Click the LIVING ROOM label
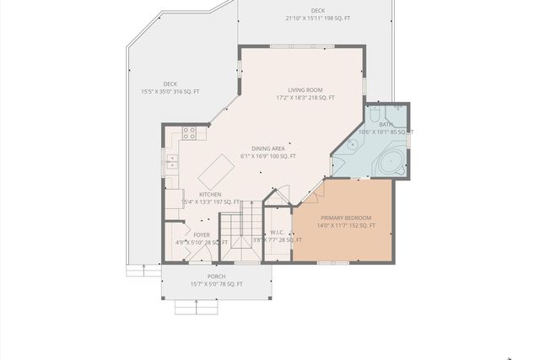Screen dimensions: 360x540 pyautogui.click(x=305, y=89)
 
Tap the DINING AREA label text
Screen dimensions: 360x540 pyautogui.click(x=267, y=148)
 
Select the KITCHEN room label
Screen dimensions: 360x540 pyautogui.click(x=210, y=194)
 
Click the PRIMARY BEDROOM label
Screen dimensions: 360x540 pyautogui.click(x=345, y=218)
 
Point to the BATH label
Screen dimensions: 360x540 pyautogui.click(x=386, y=124)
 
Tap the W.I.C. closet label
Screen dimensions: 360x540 pyautogui.click(x=278, y=233)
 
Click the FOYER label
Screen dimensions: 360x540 pyautogui.click(x=202, y=235)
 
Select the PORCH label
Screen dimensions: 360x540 pyautogui.click(x=216, y=277)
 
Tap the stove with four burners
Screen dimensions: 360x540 pyautogui.click(x=190, y=132)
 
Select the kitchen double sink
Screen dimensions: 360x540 pyautogui.click(x=172, y=160)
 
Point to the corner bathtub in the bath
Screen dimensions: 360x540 pyautogui.click(x=390, y=163)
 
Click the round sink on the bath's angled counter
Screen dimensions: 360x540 pyautogui.click(x=351, y=145)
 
